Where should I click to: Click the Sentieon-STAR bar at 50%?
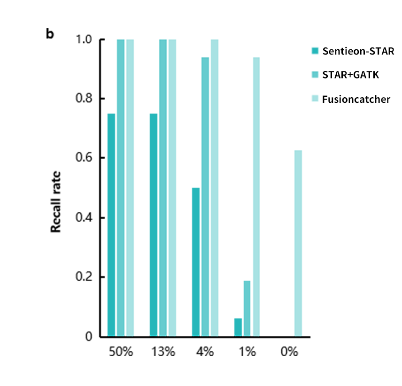click(111, 225)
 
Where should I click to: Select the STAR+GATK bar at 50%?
click(121, 188)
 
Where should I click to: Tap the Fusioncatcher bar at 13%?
click(172, 188)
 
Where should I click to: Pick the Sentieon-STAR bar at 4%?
click(196, 262)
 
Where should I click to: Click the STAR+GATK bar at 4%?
click(205, 197)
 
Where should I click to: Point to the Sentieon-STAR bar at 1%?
click(238, 327)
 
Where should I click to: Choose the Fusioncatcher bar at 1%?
click(256, 197)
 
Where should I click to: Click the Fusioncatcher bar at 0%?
click(298, 243)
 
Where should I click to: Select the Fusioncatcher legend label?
click(356, 100)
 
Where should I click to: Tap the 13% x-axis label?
click(162, 352)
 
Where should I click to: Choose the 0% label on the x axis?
click(289, 352)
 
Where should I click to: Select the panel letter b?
click(49, 34)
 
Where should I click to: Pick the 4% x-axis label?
click(205, 352)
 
